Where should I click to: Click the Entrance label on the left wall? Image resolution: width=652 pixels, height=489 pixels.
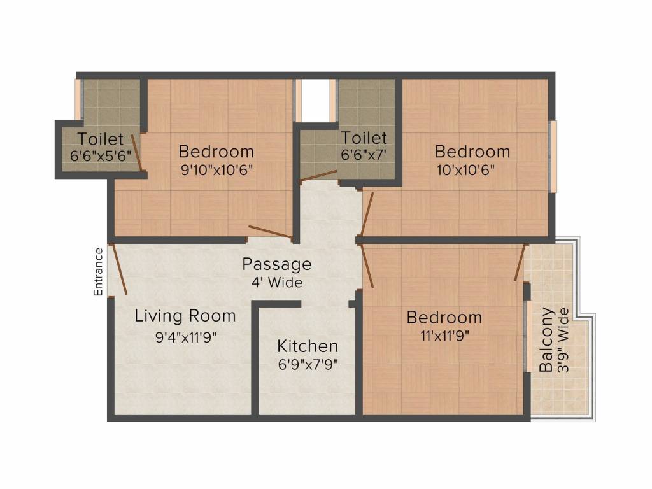pos(99,271)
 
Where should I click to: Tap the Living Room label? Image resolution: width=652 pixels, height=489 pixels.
pos(185,316)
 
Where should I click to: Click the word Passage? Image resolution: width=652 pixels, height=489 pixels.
pos(277,264)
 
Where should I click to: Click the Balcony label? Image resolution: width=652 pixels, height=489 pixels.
pos(546,340)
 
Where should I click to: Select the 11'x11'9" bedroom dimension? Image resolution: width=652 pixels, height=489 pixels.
pos(444,336)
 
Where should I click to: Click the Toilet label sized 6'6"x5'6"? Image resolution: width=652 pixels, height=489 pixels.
pos(101,138)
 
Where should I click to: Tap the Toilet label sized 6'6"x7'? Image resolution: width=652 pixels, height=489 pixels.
pos(364,138)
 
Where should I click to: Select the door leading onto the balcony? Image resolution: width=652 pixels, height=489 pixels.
pos(520,262)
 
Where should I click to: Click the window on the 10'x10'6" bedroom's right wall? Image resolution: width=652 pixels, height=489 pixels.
pos(553,156)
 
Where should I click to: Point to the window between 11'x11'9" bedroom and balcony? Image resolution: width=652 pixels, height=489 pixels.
pos(528,336)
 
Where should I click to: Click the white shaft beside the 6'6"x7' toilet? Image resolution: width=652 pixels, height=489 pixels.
pos(315,99)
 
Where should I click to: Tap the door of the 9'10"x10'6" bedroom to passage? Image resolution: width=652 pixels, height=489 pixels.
pos(271,233)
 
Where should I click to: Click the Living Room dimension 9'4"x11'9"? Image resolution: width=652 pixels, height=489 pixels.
pos(187,337)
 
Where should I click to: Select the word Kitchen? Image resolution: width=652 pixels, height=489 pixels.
pos(308,346)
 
